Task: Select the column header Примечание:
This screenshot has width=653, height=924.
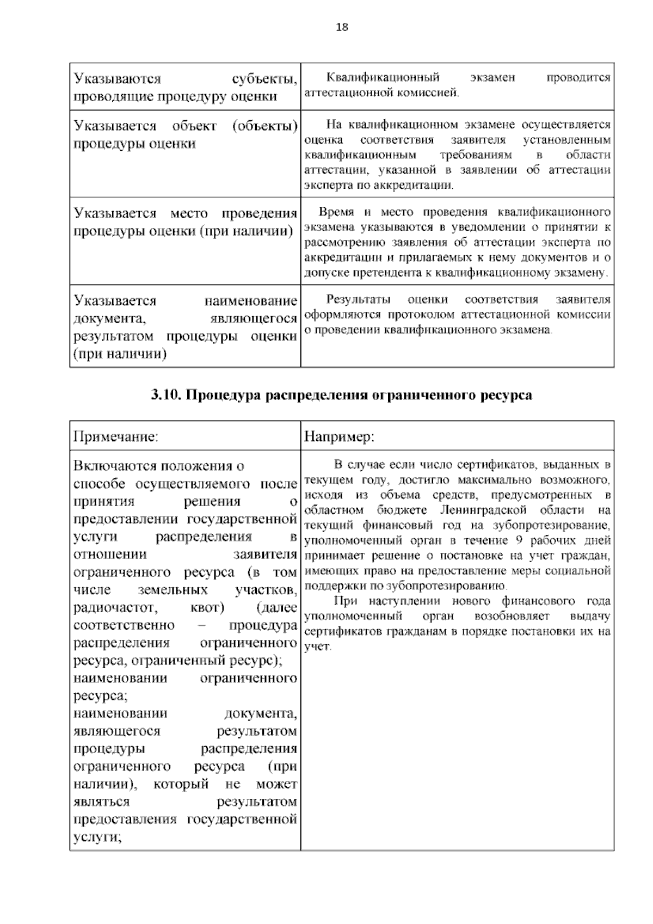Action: (x=115, y=436)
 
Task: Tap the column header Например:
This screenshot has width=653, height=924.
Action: (x=338, y=436)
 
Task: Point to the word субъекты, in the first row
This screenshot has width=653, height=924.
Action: (x=264, y=79)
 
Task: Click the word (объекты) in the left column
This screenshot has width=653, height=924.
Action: (x=264, y=126)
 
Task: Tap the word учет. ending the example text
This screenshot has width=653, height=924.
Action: (x=318, y=648)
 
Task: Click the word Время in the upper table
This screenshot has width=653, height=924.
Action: (x=336, y=212)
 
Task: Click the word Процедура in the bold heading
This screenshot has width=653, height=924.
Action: (x=223, y=396)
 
